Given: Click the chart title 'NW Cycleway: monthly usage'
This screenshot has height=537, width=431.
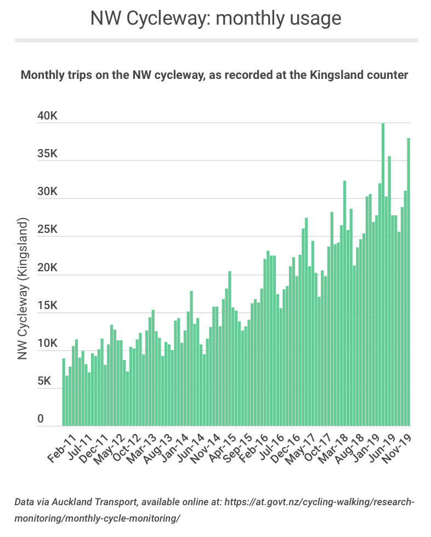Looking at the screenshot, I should (x=216, y=18).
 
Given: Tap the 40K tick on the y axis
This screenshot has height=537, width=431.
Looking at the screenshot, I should (x=48, y=116).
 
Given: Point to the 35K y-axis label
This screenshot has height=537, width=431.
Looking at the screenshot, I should (x=48, y=154).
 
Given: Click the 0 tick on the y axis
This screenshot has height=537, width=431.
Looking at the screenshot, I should (x=41, y=420).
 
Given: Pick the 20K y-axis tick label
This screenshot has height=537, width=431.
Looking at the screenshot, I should (x=48, y=268).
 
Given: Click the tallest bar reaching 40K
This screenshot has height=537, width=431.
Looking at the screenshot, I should (x=383, y=274).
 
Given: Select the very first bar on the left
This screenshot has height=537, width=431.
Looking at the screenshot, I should (x=64, y=392).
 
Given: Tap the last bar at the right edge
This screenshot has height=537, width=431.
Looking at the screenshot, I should (x=409, y=282).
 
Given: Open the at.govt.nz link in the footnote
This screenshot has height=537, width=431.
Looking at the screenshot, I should (x=324, y=502).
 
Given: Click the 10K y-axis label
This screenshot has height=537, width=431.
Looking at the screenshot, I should (x=48, y=344).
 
